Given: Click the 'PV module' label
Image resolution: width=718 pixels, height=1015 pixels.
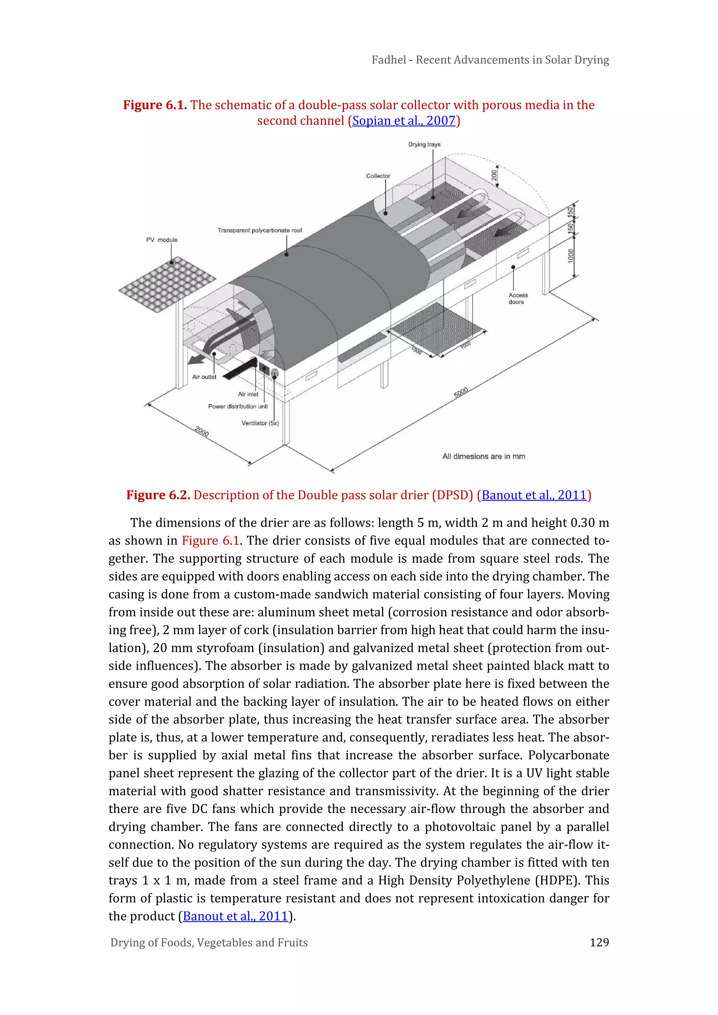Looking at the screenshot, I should pyautogui.click(x=162, y=239).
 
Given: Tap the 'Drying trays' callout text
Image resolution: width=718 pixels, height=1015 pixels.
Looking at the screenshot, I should pyautogui.click(x=424, y=144).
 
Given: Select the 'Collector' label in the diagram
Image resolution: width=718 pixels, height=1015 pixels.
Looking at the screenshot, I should pyautogui.click(x=378, y=176).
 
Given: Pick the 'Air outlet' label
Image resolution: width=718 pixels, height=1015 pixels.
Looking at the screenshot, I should pyautogui.click(x=204, y=377).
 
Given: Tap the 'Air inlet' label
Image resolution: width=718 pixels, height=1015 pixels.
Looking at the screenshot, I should pyautogui.click(x=248, y=394).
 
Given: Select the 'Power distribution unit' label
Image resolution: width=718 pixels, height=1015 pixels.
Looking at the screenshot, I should pyautogui.click(x=238, y=406).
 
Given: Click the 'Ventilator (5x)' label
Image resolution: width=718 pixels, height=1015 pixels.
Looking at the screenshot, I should pyautogui.click(x=260, y=423).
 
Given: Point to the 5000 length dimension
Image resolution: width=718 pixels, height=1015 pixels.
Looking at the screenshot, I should pyautogui.click(x=461, y=392).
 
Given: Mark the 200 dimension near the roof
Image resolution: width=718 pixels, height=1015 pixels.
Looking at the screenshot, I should pyautogui.click(x=494, y=176).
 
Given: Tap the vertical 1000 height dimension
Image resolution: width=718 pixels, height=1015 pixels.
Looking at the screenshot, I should pyautogui.click(x=571, y=256).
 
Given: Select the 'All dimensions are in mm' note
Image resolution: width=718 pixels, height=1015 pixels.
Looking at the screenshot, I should pyautogui.click(x=484, y=456).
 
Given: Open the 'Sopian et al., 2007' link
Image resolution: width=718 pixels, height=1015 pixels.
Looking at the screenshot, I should pyautogui.click(x=404, y=121).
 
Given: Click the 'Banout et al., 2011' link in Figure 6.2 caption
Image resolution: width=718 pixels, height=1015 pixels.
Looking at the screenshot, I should pyautogui.click(x=534, y=495).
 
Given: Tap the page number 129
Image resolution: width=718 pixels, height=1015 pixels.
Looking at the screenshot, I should pyautogui.click(x=599, y=942).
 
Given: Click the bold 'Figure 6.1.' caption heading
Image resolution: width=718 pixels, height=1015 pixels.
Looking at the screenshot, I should pyautogui.click(x=155, y=105).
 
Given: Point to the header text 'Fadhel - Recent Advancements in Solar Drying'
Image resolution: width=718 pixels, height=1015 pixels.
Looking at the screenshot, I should pyautogui.click(x=490, y=60).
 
